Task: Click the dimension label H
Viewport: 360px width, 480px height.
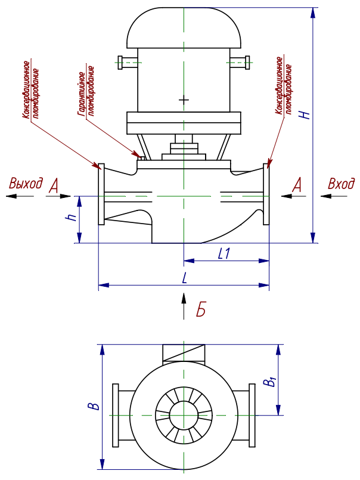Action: [x=306, y=113]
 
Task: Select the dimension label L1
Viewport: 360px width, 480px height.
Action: [x=224, y=253]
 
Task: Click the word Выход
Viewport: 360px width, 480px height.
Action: [x=26, y=184]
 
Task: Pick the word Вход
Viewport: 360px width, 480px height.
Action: [x=341, y=184]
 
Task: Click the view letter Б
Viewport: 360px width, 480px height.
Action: [x=201, y=309]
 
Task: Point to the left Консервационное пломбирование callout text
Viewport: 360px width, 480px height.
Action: [x=30, y=89]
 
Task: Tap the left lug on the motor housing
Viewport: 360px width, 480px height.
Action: [x=127, y=61]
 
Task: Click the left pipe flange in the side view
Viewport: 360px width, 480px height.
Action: [x=101, y=194]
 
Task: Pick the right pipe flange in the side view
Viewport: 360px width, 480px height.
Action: [x=266, y=194]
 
